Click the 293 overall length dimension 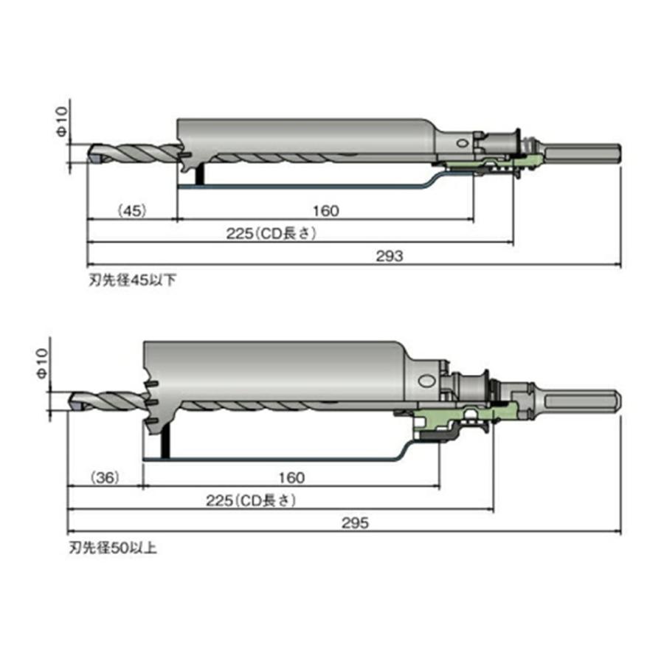click(389, 256)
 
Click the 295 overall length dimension click(355, 523)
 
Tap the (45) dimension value click(132, 210)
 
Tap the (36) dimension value click(106, 477)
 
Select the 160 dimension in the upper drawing click(325, 211)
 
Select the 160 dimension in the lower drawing click(291, 477)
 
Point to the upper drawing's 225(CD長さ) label click(271, 233)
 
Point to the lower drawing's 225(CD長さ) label click(251, 500)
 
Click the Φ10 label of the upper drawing click(62, 122)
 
